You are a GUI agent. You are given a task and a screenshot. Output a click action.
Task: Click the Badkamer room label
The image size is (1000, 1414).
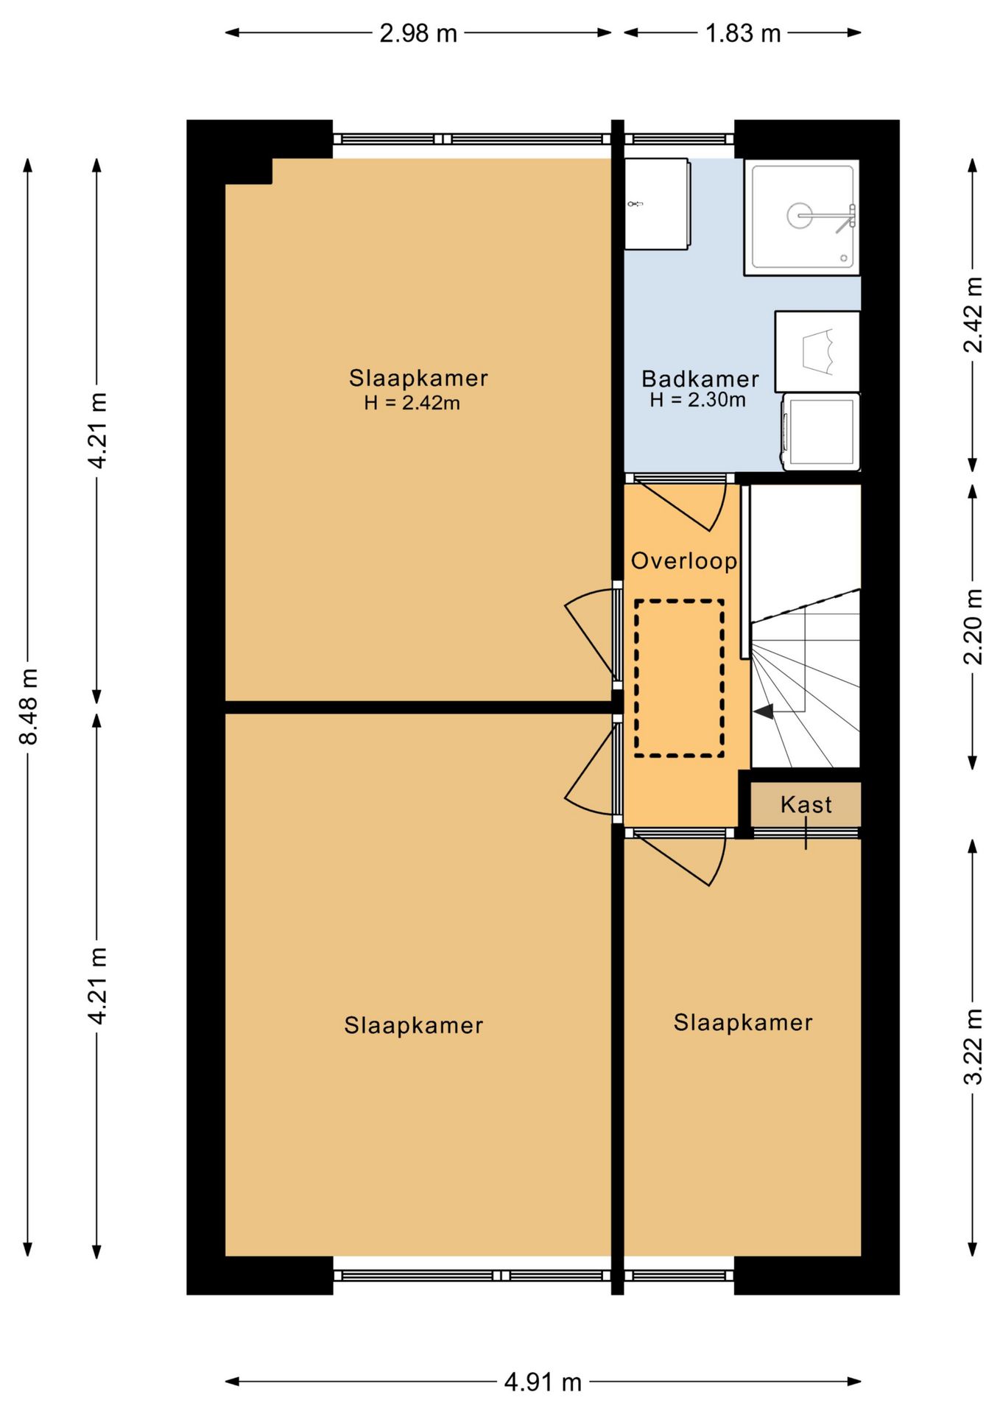point(700,379)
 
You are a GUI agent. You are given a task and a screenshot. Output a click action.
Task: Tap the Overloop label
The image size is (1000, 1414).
point(684,561)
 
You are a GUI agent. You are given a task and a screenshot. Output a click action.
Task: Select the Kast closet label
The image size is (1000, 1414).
point(806,804)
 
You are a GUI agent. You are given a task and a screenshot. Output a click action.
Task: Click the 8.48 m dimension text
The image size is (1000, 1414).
point(29,706)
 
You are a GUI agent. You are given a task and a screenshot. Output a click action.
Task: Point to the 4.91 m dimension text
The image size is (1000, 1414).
point(543,1382)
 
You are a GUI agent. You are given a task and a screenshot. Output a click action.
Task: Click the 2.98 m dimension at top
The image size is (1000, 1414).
point(418,33)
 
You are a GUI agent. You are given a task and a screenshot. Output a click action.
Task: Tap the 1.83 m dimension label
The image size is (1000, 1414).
point(742,33)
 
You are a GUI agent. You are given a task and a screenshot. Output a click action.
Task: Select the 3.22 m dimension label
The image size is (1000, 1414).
point(973,1047)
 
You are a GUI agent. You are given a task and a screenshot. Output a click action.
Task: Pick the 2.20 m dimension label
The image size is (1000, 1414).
point(973,626)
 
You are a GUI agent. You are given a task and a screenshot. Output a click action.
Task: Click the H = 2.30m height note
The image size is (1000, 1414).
point(697,400)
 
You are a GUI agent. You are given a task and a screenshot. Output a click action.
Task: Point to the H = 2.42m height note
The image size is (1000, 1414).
point(412,403)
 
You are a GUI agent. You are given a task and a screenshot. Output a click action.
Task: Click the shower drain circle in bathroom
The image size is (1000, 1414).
point(800,216)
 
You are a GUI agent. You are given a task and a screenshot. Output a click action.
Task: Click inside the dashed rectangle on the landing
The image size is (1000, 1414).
point(679,678)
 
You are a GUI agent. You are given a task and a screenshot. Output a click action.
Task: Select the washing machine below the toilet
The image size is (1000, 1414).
point(820,432)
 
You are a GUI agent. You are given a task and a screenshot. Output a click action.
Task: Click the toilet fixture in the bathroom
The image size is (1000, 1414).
point(817,351)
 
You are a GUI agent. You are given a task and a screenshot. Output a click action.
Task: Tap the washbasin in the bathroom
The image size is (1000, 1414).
point(657,204)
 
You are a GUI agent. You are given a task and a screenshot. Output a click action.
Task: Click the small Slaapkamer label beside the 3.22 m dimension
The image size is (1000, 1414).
point(743,1022)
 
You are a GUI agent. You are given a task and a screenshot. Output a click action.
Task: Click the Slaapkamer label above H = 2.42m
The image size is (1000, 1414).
point(418,378)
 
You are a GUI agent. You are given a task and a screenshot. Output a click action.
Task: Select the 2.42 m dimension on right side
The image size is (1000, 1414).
point(973,314)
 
